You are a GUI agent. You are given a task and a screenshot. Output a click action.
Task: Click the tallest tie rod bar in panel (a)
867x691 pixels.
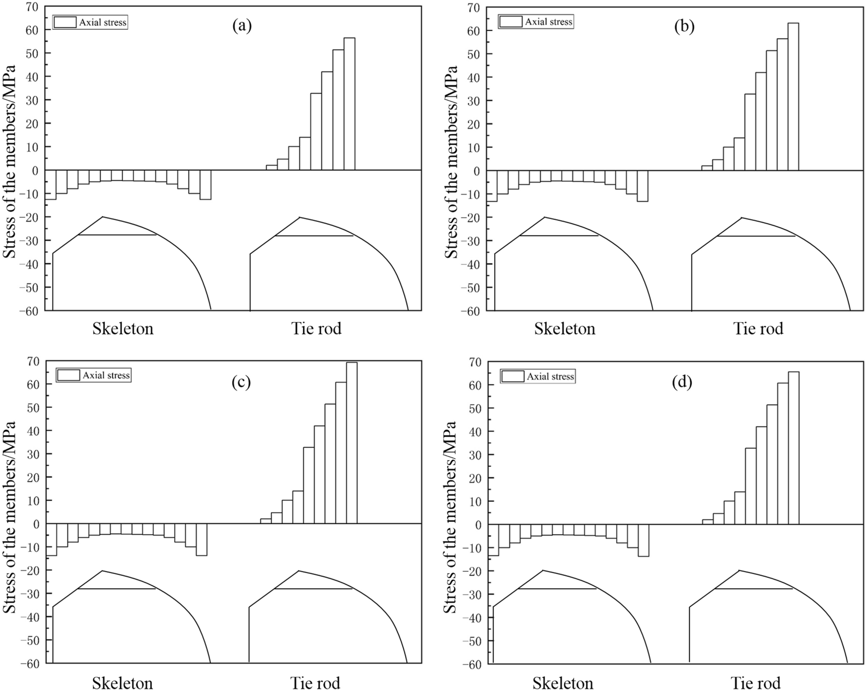(x=349, y=104)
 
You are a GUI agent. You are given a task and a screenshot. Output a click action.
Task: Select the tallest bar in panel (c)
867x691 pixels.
(x=352, y=443)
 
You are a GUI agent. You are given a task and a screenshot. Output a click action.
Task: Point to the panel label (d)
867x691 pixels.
(x=683, y=382)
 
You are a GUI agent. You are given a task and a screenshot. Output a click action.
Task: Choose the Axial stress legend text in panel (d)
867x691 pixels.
(x=550, y=377)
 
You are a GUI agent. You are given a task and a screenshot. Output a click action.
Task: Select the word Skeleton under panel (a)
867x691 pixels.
(x=123, y=329)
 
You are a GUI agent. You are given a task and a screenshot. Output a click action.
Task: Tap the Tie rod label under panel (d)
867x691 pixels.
(x=756, y=683)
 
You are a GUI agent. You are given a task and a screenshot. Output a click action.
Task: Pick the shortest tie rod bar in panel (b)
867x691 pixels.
(x=707, y=168)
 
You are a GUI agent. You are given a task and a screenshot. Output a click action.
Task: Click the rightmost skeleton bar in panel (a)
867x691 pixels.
(x=205, y=184)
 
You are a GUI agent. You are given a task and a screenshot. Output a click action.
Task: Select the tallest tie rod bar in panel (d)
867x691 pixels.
(x=794, y=447)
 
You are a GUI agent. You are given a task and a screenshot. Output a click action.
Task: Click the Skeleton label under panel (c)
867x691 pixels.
(x=122, y=683)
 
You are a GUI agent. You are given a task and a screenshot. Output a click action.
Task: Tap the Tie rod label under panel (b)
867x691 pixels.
(x=758, y=329)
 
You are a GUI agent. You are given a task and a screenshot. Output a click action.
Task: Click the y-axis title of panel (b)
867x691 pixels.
(x=451, y=162)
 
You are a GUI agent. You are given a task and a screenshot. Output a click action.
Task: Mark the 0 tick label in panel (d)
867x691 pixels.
(x=477, y=525)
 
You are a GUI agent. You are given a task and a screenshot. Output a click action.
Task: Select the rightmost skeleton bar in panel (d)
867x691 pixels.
(x=643, y=540)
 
